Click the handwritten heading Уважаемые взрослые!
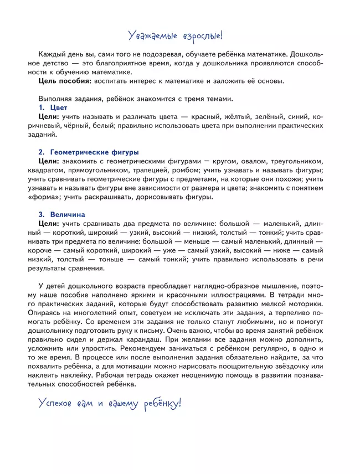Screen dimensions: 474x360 tap(175, 36)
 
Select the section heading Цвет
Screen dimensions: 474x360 tap(58, 108)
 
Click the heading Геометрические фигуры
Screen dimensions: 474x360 tap(94, 152)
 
